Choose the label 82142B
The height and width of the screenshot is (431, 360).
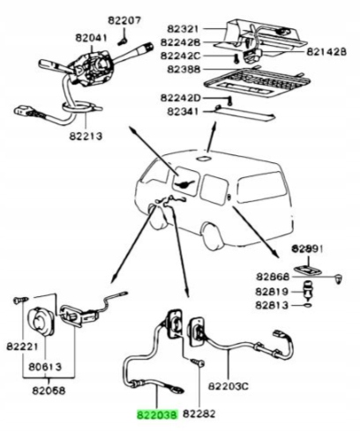pos(326,52)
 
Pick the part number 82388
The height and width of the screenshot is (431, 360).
pos(180,69)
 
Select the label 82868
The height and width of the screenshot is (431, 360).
pos(274,275)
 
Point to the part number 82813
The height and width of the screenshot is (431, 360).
pos(274,306)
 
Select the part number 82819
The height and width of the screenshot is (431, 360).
pos(274,291)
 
